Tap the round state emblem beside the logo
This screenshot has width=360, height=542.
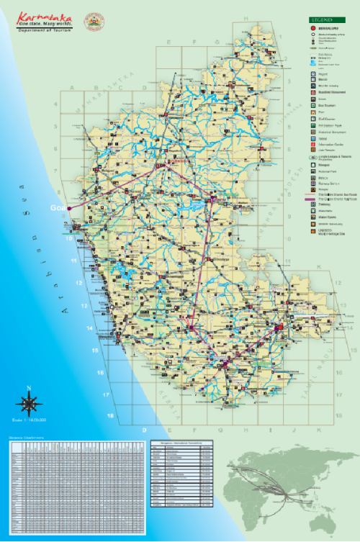pos(94,22)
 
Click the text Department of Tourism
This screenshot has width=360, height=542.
pos(41,32)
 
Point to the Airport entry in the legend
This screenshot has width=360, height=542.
pos(321,73)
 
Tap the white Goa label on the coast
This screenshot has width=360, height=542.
pos(56,207)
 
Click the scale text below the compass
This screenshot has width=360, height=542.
pos(28,420)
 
